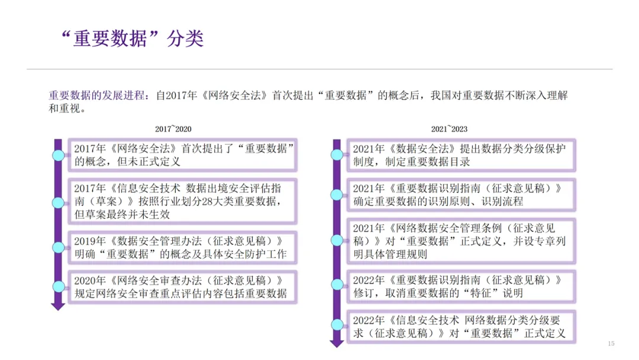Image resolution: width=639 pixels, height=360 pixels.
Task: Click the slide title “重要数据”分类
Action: [x=133, y=38]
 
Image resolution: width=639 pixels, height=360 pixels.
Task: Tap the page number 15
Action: [x=611, y=343]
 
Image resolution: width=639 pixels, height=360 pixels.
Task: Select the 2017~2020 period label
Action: [x=173, y=129]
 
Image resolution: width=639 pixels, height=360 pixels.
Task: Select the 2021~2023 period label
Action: [x=450, y=129]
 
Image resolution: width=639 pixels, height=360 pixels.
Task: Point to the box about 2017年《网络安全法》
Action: [x=183, y=154]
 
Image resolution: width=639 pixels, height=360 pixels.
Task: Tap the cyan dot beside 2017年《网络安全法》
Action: [x=58, y=155]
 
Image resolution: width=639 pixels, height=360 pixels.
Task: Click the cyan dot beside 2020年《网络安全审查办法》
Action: [x=58, y=287]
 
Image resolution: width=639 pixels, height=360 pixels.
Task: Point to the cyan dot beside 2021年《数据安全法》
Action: [x=336, y=155]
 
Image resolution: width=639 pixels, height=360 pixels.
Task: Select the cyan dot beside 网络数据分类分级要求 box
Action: [x=336, y=325]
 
